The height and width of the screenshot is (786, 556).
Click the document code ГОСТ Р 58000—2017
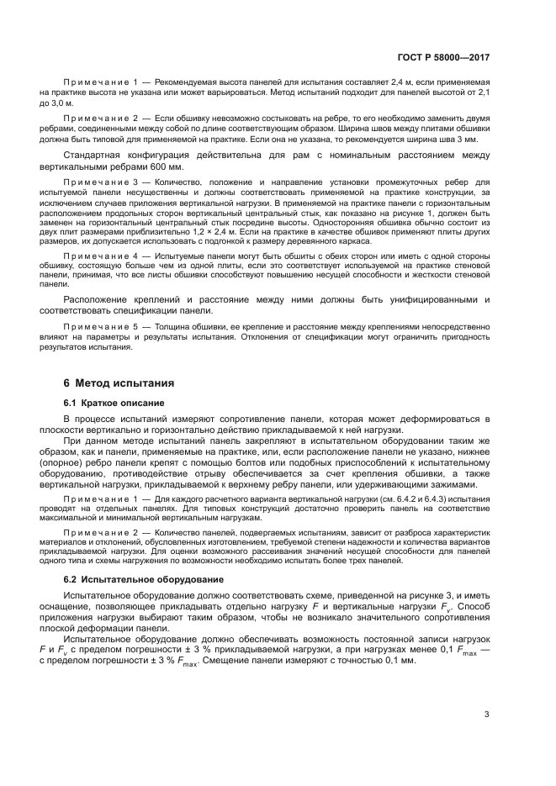click(443, 57)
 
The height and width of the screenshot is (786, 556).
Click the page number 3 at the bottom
click(487, 715)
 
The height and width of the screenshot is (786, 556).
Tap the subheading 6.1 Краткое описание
click(106, 403)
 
